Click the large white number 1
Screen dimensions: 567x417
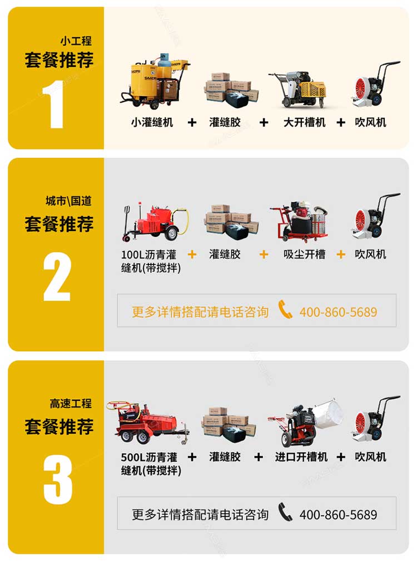56,103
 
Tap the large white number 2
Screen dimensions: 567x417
57,276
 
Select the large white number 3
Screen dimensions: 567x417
58,479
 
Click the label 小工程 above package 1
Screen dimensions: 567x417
76,41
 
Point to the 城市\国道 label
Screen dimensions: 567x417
68,201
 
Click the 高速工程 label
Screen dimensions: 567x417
71,404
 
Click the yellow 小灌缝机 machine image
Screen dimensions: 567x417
154,83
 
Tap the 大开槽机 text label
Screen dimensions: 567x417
304,122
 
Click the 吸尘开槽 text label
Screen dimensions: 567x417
304,254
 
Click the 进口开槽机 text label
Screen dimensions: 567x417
301,457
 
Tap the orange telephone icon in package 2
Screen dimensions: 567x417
285,310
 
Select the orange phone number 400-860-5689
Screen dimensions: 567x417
338,312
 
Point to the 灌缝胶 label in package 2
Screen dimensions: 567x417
225,254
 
